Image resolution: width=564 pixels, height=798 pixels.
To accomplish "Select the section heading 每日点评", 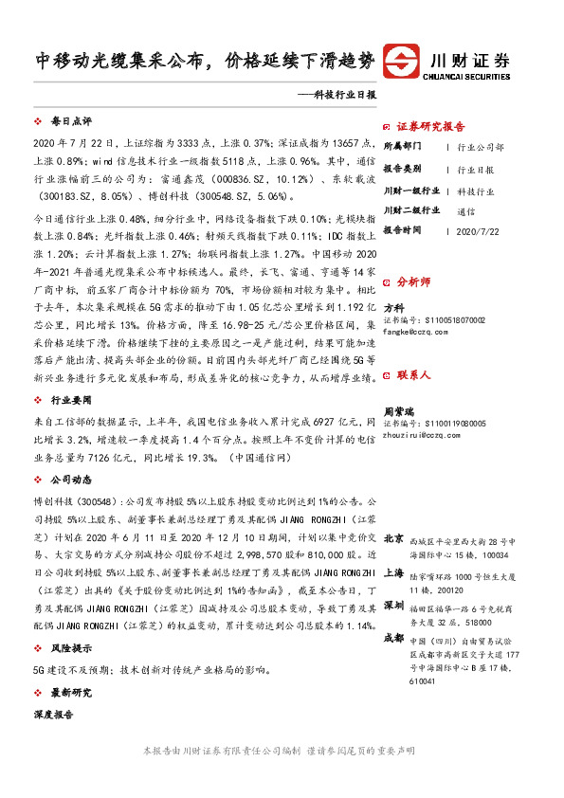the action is [x=68, y=122].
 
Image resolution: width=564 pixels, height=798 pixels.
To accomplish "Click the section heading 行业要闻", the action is [x=68, y=400].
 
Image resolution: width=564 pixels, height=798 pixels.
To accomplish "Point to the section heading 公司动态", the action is [x=68, y=479].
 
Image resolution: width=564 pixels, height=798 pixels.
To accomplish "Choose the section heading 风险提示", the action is [x=68, y=650].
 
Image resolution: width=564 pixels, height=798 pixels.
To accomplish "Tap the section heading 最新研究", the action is [x=68, y=693].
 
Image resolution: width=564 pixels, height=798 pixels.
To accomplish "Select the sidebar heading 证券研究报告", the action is [x=430, y=126].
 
